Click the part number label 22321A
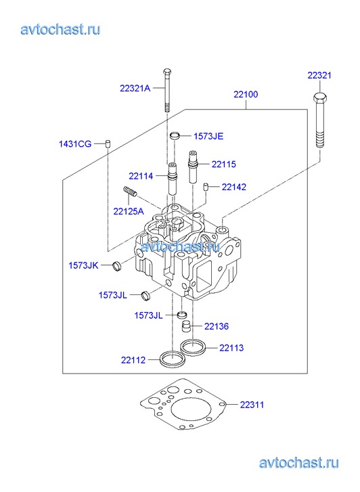click(135, 88)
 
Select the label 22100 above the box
click(246, 94)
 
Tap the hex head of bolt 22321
click(320, 97)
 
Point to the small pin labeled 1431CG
click(108, 143)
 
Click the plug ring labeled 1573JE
click(175, 136)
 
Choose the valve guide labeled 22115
click(192, 166)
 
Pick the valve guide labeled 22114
click(173, 179)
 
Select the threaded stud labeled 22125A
click(129, 191)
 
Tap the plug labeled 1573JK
click(117, 266)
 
